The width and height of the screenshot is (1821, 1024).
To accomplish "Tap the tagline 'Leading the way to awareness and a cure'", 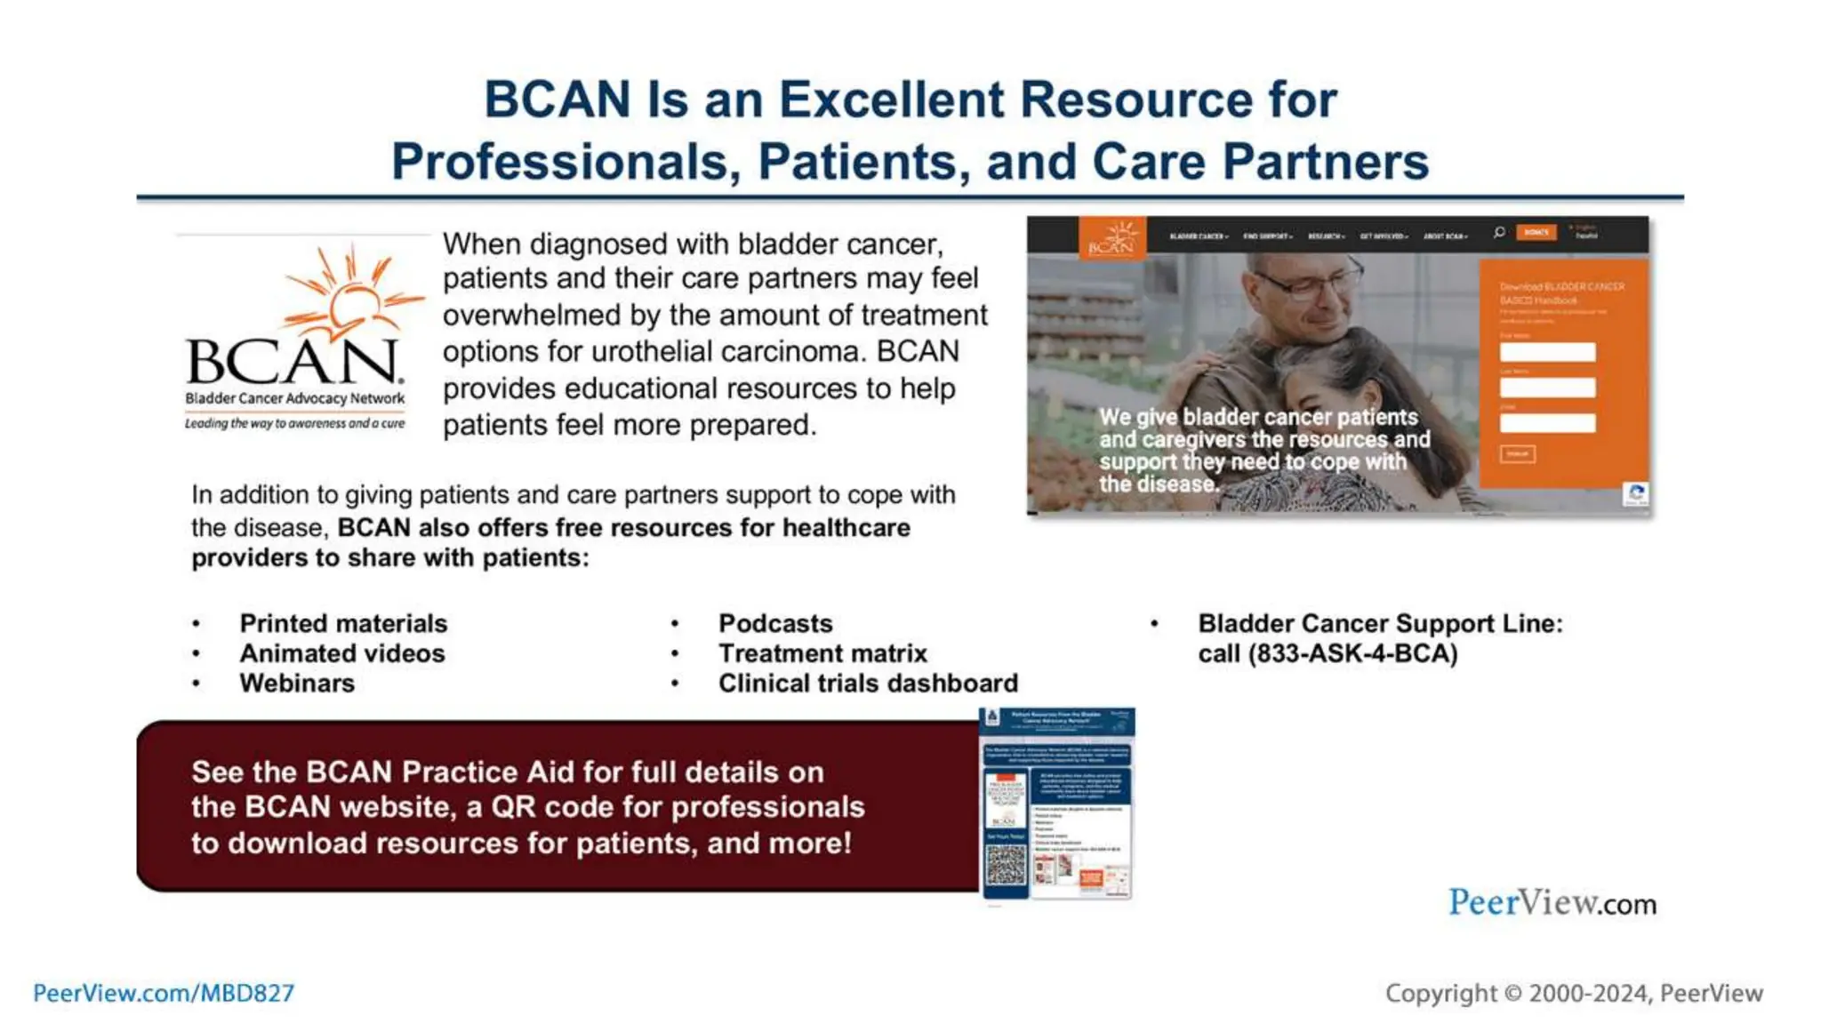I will pos(294,424).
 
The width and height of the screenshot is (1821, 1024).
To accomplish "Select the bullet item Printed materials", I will pos(343,623).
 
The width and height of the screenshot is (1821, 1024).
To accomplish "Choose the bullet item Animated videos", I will pos(342,653).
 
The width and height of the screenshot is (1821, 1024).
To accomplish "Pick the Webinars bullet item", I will pos(297,684).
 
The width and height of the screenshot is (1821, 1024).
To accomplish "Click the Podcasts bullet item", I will pos(775,623).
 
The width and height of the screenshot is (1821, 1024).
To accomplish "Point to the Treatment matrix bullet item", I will pos(822,653).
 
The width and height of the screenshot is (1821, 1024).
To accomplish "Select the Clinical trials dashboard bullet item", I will pos(868,684).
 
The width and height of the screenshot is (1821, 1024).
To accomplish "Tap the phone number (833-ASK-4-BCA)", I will pos(1328,653).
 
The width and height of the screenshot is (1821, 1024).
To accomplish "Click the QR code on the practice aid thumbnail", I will pos(1006,865).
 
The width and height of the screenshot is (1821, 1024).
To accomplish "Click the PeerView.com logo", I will pos(1552,903).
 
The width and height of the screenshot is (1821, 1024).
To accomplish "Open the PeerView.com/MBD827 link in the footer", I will pos(164,993).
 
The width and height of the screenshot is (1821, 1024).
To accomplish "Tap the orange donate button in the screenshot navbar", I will pos(1536,233).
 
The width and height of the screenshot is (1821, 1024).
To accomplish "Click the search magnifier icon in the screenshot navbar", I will pos(1499,233).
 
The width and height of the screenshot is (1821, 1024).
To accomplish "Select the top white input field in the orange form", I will pos(1547,352).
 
